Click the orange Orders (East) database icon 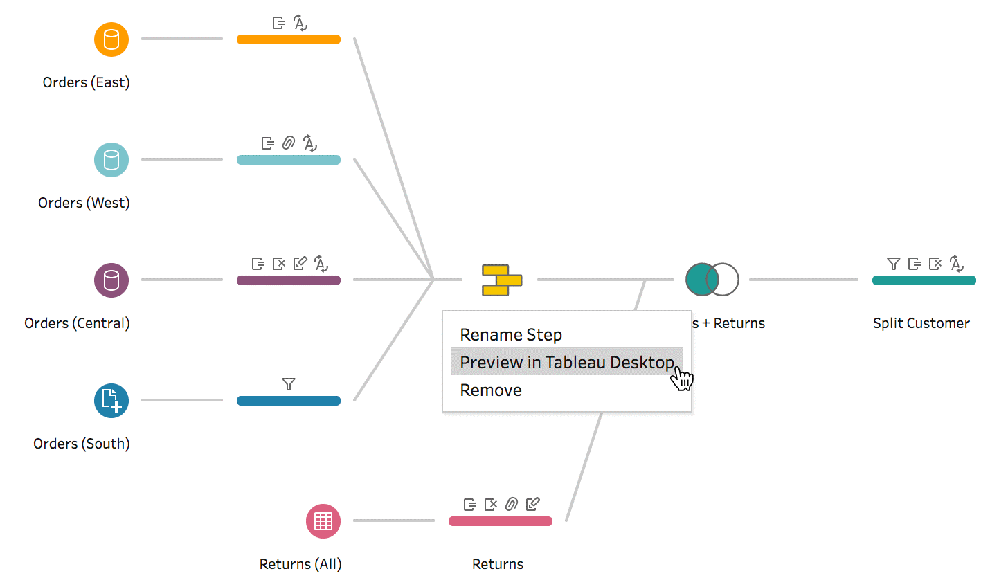pos(111,39)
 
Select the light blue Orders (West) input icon pos(111,160)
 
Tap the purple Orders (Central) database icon pos(111,280)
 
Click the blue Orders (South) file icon pos(111,401)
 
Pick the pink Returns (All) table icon pos(323,521)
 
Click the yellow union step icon pos(502,280)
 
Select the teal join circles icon pos(712,280)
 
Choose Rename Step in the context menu pos(511,334)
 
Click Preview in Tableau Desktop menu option pos(567,362)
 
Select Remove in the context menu pos(491,390)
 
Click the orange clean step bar pos(289,39)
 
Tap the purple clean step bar pos(289,280)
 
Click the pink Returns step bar pos(501,521)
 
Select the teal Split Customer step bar pos(924,280)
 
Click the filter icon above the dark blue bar pos(289,383)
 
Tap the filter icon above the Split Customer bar pos(893,264)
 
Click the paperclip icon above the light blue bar pos(289,143)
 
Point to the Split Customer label pos(921,323)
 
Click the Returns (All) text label pos(300,564)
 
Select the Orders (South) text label pos(81,443)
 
